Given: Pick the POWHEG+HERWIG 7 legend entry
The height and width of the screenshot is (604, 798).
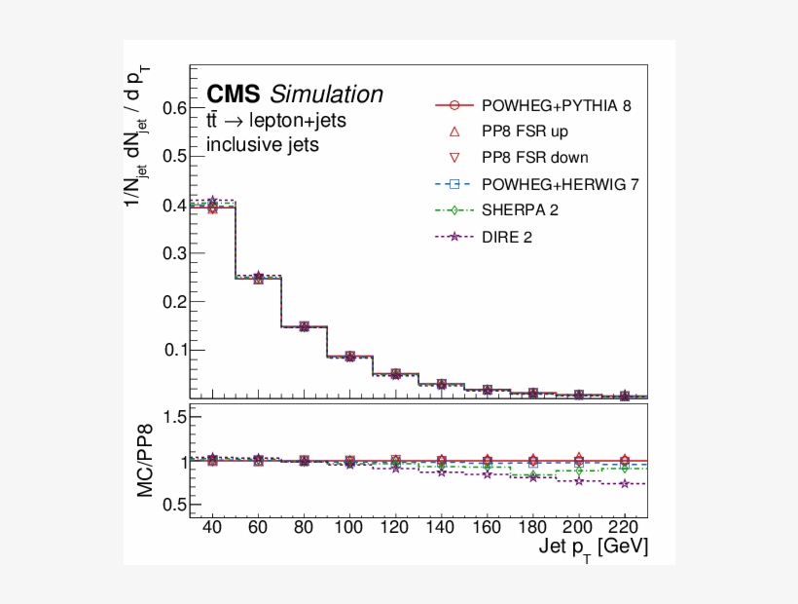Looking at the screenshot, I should pyautogui.click(x=561, y=183).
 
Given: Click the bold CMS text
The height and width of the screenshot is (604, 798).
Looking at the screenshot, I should pyautogui.click(x=234, y=94).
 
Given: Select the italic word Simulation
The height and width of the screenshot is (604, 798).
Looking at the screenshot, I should pyautogui.click(x=327, y=94).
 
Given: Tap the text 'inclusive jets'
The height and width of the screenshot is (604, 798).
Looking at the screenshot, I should pyautogui.click(x=263, y=145).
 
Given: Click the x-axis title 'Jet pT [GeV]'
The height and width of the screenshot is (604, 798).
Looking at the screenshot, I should pyautogui.click(x=593, y=548).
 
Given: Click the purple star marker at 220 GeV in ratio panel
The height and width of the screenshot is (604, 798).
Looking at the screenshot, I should pyautogui.click(x=625, y=483).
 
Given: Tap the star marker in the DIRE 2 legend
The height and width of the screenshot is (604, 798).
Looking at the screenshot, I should pyautogui.click(x=454, y=235).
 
